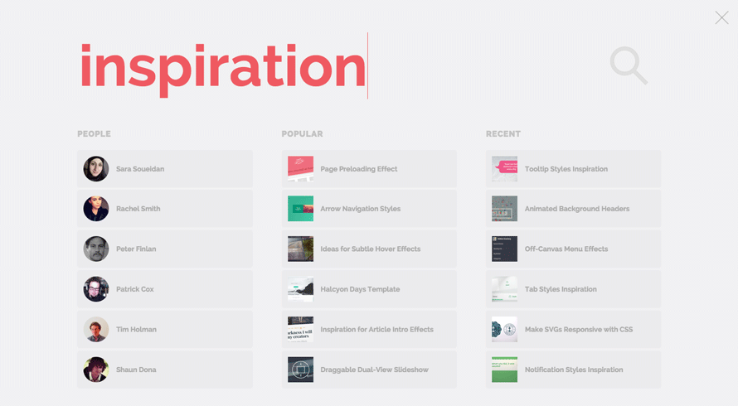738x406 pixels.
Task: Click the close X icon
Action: tap(721, 18)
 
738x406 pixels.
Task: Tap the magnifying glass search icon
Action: tap(629, 65)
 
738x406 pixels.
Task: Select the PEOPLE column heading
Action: tap(95, 134)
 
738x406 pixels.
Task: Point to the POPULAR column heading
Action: tap(302, 134)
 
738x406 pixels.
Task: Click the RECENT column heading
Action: tap(503, 134)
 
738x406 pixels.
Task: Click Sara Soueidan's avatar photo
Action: tap(96, 169)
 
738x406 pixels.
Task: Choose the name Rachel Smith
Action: tap(138, 209)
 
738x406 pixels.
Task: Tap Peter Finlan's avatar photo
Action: tap(96, 249)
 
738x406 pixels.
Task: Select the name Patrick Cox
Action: tap(135, 289)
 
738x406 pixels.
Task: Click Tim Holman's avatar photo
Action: tap(96, 329)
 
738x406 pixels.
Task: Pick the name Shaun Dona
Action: tap(136, 370)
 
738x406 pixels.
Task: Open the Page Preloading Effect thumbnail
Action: tap(300, 169)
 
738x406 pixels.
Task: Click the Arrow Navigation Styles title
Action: tap(361, 209)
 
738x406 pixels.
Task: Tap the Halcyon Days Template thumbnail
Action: tap(300, 289)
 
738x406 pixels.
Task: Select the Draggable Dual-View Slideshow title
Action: tap(375, 370)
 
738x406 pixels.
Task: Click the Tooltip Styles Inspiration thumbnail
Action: tap(504, 169)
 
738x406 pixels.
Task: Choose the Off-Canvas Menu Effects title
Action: tap(566, 249)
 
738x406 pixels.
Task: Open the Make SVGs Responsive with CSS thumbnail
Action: tap(504, 329)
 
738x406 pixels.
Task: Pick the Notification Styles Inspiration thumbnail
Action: tap(504, 370)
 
